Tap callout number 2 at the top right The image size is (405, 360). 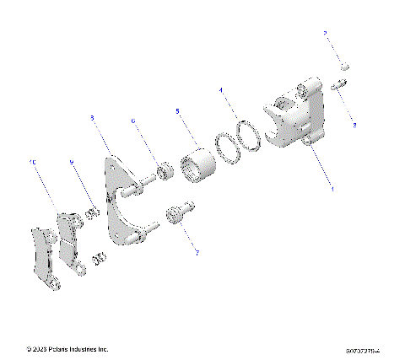coord(324,33)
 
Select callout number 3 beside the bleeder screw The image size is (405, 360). coord(354,126)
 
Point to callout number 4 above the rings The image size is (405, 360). coord(221,89)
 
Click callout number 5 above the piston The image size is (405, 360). coord(177,110)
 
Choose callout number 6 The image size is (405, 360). coord(133,121)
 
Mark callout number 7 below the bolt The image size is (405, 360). coord(197,250)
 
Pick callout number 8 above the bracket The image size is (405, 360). coord(92,119)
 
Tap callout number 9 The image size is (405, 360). coord(72,163)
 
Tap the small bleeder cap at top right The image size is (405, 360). coord(344,66)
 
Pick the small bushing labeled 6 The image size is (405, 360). coord(165,172)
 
